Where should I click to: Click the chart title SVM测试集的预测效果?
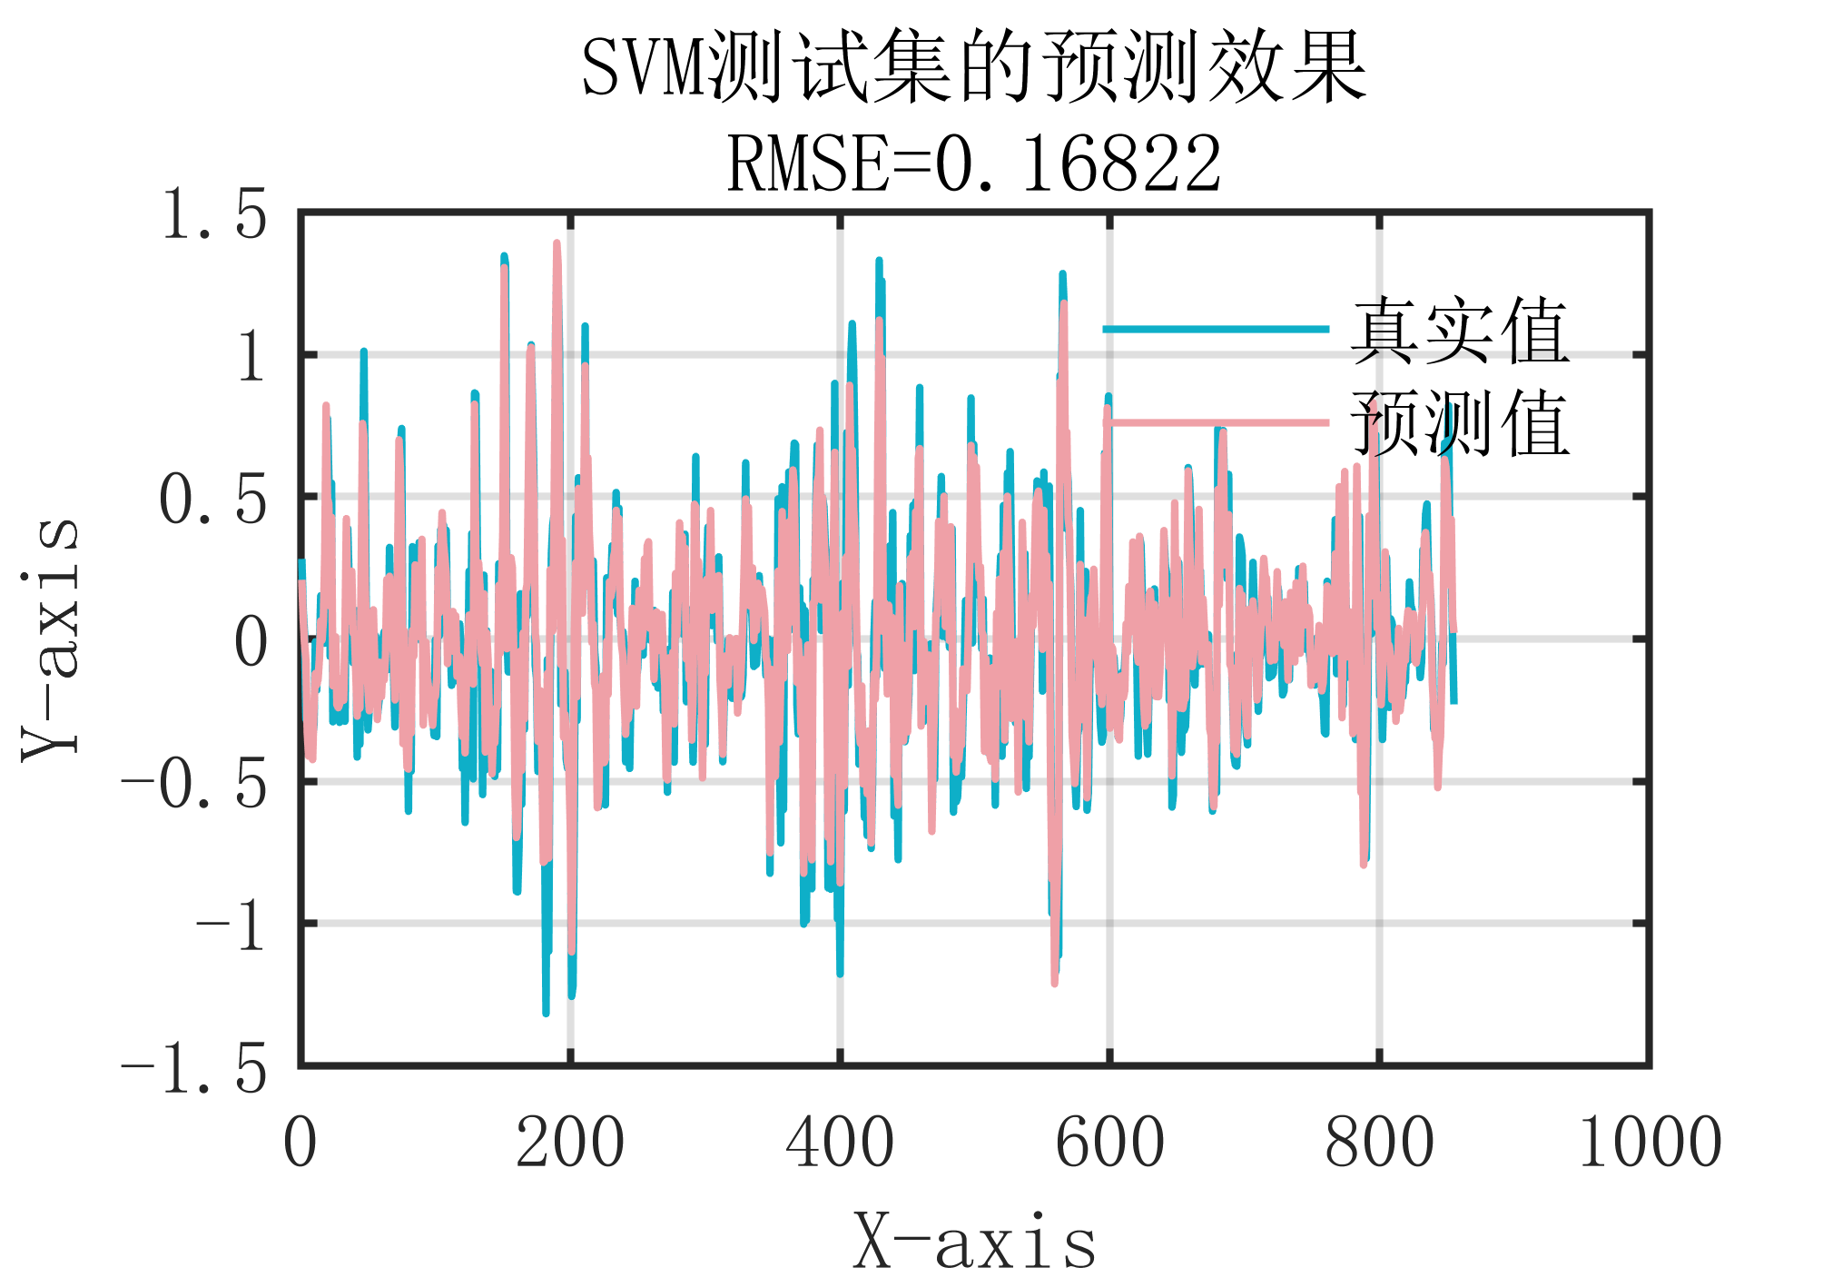(x=973, y=67)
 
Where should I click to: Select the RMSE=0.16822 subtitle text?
(x=973, y=164)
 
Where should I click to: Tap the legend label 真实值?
(x=1460, y=331)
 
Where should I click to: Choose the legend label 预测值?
(x=1460, y=423)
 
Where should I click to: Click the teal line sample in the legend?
(x=1217, y=329)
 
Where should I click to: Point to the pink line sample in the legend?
(x=1217, y=422)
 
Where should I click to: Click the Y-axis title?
(x=51, y=638)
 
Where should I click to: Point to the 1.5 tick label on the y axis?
(x=214, y=216)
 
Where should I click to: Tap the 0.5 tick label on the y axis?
(x=214, y=500)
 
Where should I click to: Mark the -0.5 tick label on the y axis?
(x=194, y=784)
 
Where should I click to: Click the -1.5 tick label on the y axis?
(x=194, y=1068)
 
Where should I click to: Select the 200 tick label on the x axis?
(x=569, y=1142)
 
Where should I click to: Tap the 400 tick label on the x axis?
(x=839, y=1142)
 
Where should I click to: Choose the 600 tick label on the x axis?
(x=1109, y=1142)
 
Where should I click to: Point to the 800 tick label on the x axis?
(x=1379, y=1142)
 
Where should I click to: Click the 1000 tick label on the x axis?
(x=1649, y=1142)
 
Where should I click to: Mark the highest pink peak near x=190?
(x=557, y=243)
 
